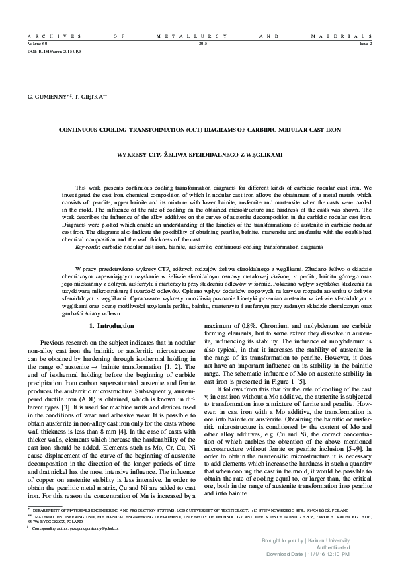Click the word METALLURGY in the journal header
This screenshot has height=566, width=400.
[199, 34]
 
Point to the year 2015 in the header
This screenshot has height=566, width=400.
[204, 42]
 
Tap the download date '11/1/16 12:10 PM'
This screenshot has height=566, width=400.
[345, 555]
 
